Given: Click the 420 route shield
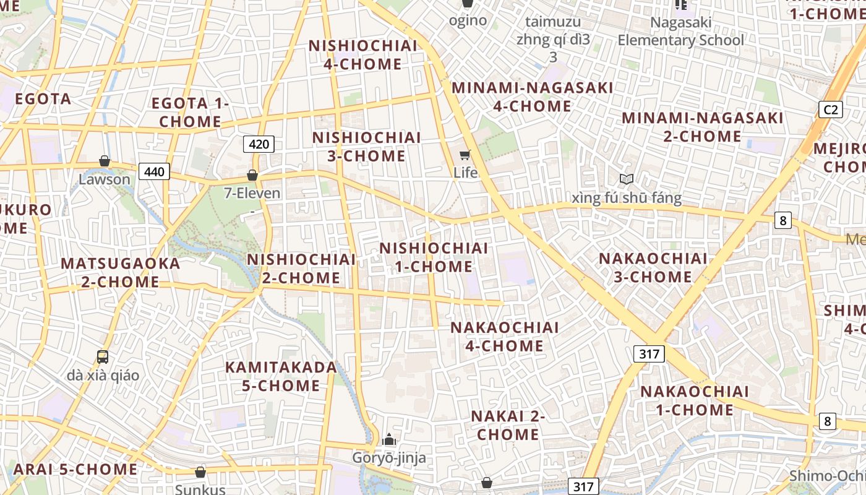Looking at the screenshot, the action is tap(259, 145).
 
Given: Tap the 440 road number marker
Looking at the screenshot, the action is tap(154, 171).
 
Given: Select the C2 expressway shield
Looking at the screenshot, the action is tap(830, 110).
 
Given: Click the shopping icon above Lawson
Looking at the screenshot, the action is tap(105, 161).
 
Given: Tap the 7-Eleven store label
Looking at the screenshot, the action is tap(252, 193).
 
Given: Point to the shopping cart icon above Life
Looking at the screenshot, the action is tap(465, 154).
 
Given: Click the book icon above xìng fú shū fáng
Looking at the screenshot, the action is tap(627, 179).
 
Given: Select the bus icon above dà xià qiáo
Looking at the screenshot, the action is tap(103, 356).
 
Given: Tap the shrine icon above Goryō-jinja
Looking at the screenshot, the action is tap(389, 439).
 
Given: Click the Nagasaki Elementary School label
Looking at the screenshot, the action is tap(680, 32).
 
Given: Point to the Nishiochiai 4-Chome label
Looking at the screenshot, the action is tap(363, 55).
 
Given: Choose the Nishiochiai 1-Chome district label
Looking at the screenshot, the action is tap(434, 257).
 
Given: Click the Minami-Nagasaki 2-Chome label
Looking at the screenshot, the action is tap(702, 127).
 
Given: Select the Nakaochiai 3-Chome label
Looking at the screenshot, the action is tap(653, 267).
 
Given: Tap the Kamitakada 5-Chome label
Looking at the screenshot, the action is tap(281, 376).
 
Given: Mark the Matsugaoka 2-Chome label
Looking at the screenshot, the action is tap(120, 272).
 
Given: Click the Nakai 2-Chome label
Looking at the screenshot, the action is tap(508, 425).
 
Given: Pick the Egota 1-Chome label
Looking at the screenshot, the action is tap(191, 113).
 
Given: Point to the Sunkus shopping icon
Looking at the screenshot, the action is tap(200, 472).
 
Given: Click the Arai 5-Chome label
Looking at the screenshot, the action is tap(75, 469).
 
